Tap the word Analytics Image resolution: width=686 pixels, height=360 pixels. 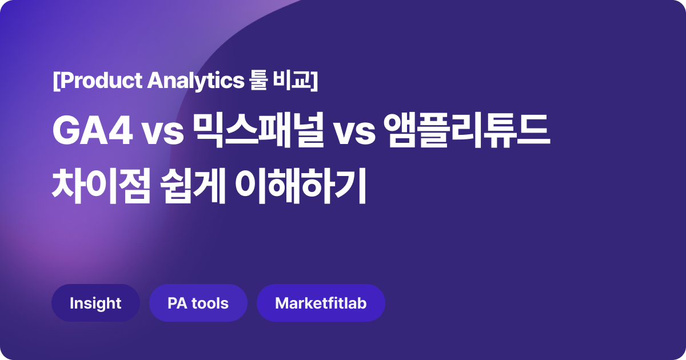pos(196,81)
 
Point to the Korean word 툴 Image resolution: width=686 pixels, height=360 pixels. pos(258,80)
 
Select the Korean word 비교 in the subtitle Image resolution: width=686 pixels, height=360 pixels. pos(292,80)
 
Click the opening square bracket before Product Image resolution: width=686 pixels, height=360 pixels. pos(55,81)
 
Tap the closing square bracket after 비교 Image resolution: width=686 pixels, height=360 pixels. pos(314,81)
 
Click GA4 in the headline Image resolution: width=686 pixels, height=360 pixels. pos(93,131)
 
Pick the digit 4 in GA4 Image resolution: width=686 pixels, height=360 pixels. pos(121,131)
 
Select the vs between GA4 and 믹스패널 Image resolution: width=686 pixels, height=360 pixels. pos(162,134)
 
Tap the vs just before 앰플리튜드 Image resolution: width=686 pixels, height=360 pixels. pos(354,134)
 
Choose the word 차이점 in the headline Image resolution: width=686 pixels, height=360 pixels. pos(101,186)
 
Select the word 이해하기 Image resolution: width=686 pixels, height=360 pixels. pos(301,186)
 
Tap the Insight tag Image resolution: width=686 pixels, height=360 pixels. pos(95,303)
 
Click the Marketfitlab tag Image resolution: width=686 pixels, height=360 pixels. pos(321,303)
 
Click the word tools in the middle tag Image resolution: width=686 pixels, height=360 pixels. pos(210,303)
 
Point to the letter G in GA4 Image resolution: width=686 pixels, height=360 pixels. pos(66,131)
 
